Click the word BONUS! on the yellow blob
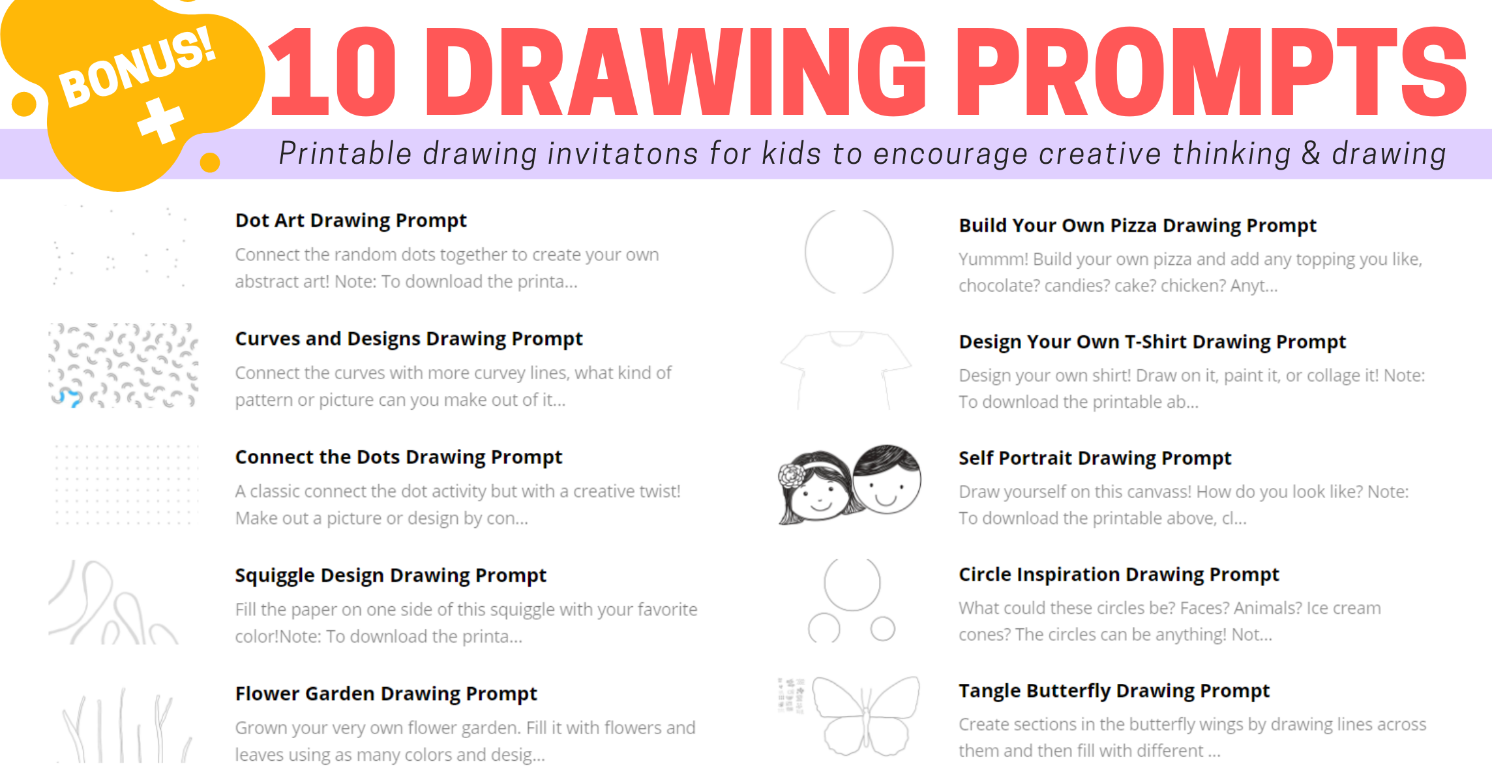(138, 67)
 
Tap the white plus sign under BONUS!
(160, 120)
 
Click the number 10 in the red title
(333, 72)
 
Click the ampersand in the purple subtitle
(1311, 154)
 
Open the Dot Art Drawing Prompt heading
(351, 221)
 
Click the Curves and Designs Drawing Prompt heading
(409, 339)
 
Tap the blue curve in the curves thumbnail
(67, 397)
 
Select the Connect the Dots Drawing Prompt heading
(398, 457)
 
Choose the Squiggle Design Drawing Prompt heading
(391, 576)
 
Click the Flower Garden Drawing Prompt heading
(386, 694)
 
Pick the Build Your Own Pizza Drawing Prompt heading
(1137, 226)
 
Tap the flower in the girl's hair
(791, 476)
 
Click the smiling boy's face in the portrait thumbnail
(887, 480)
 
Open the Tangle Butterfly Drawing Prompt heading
(1114, 691)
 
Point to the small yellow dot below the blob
(210, 162)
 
